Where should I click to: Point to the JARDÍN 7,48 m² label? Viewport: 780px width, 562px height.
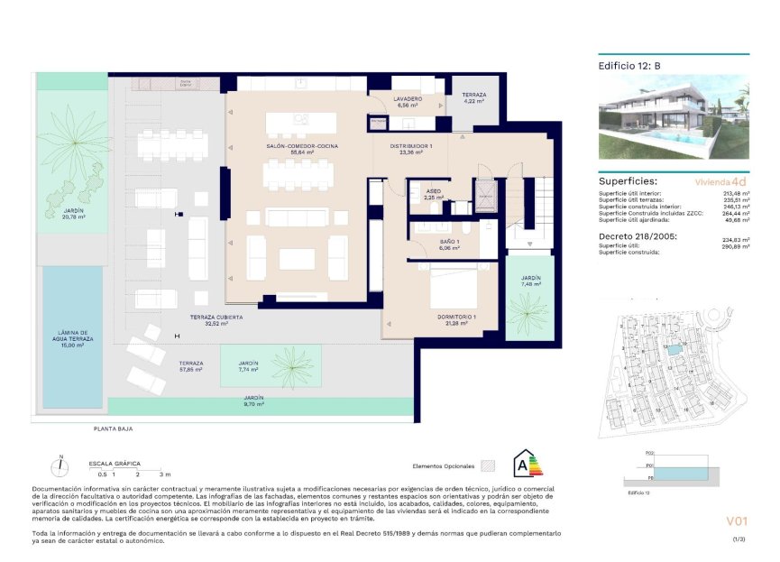(531, 281)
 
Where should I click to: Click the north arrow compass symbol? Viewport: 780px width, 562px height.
(60, 466)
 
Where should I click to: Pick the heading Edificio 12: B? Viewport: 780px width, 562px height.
(630, 66)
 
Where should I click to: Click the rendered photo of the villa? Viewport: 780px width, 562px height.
(674, 116)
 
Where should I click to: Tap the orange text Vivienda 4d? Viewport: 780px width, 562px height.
(720, 181)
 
